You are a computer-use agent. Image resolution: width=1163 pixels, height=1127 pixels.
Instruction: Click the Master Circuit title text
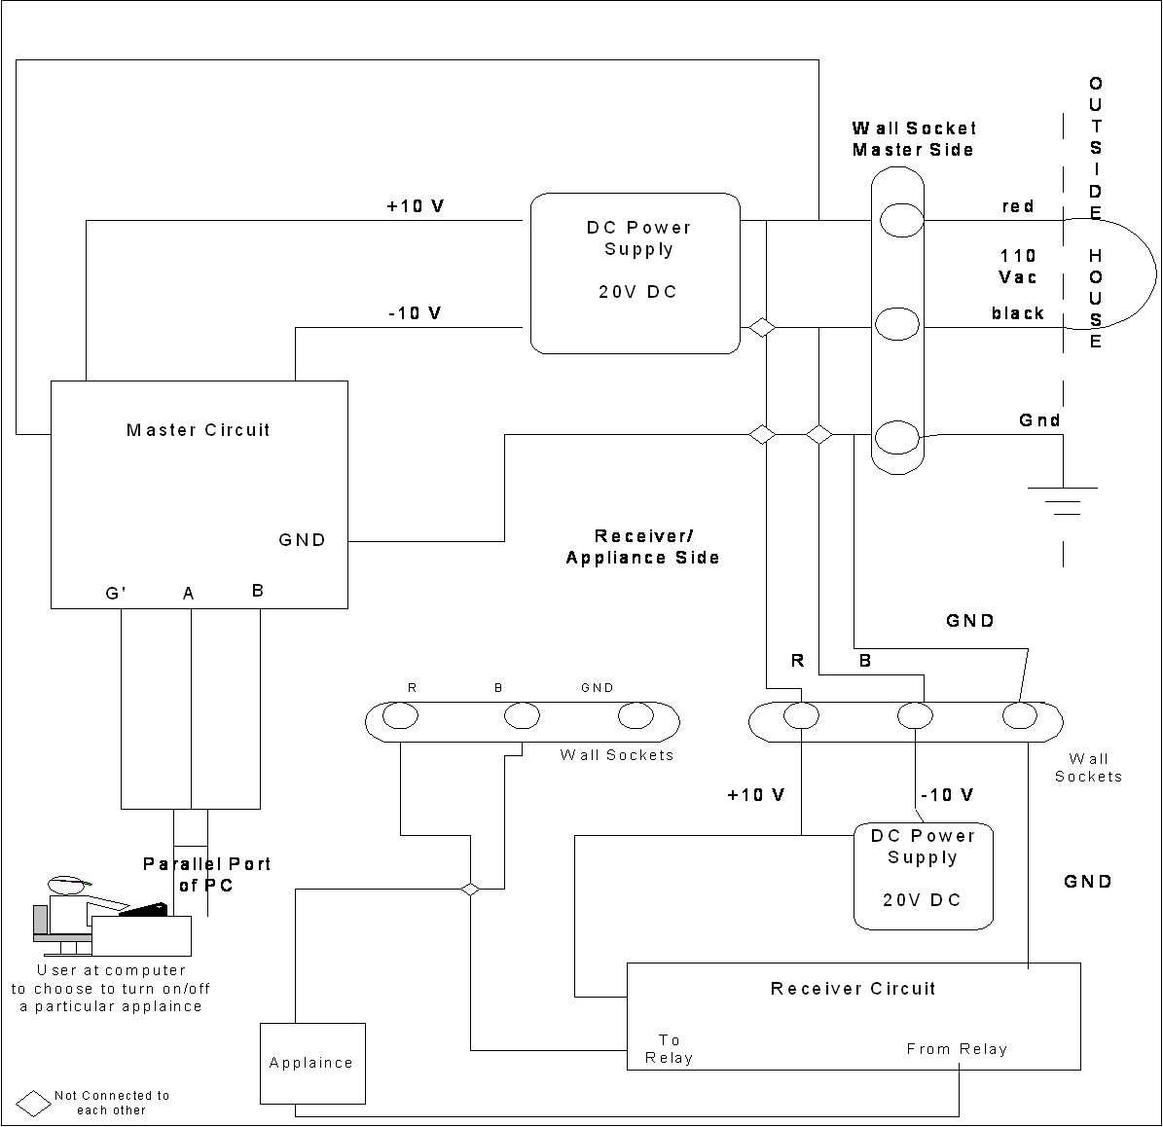pos(198,430)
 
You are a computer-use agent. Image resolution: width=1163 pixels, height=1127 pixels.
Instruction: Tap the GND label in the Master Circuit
pos(302,540)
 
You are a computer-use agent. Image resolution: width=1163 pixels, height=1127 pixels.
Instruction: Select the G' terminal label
pos(116,594)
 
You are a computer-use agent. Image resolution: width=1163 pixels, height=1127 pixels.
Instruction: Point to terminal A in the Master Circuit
pos(189,594)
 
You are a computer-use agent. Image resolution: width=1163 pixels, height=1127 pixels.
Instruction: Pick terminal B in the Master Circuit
pos(257,591)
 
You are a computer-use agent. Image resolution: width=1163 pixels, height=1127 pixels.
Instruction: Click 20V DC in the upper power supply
pos(637,292)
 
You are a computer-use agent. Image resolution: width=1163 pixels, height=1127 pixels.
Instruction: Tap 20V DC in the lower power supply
pos(922,900)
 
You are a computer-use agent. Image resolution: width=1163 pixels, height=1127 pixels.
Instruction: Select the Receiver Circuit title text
pos(853,989)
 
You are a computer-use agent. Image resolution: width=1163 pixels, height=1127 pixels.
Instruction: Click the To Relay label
pos(670,1049)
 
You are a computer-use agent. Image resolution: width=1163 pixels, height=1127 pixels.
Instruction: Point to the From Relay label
pos(957,1049)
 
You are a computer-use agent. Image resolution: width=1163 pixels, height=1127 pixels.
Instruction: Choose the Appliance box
pos(312,1063)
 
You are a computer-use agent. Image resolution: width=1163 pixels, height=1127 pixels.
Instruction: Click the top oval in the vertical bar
pos(901,221)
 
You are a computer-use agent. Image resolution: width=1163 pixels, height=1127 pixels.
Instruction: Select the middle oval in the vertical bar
pos(896,324)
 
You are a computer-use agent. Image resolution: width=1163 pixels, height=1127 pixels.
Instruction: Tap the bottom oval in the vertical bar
pos(896,437)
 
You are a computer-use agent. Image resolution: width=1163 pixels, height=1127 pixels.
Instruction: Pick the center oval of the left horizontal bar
pos(522,716)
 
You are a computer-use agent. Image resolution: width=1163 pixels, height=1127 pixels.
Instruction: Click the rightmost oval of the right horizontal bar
pos(1020,716)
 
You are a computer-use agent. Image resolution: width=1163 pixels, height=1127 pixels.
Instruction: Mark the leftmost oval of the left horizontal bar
pos(400,716)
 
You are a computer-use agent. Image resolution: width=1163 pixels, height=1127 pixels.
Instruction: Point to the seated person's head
pos(68,886)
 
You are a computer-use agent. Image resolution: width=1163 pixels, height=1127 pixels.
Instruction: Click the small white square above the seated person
pos(191,827)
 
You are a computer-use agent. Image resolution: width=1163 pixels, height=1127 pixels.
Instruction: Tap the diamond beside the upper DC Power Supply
pos(762,328)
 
